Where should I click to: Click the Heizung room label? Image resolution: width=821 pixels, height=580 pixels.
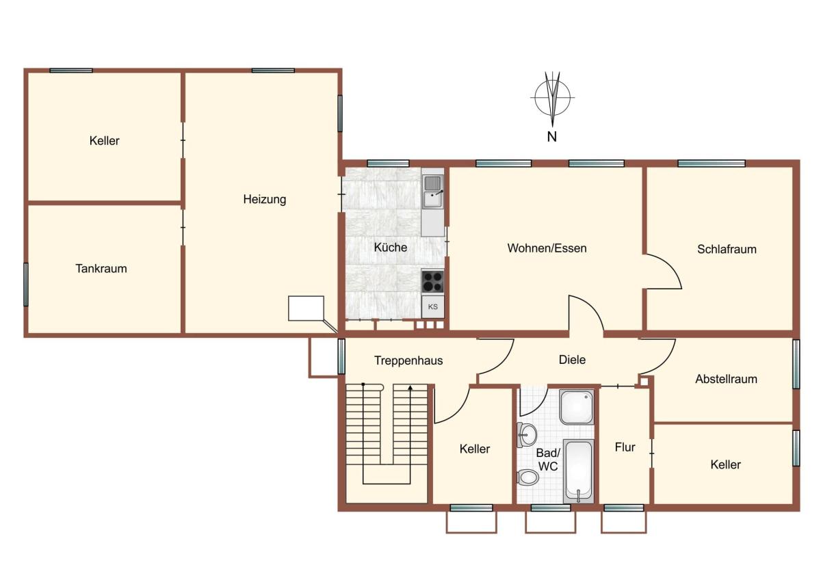point(264,199)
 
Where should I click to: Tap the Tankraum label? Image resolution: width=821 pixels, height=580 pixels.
point(101,269)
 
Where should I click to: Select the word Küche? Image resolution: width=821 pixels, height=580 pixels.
point(391,248)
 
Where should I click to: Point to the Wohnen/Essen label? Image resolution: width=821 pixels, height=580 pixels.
point(547,248)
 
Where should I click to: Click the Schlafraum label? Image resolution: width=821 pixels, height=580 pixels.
point(727,249)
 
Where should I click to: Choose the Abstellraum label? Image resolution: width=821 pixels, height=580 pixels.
point(727,379)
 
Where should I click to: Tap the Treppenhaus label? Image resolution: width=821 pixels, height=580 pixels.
point(408,360)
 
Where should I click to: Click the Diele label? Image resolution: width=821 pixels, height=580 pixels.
point(572,360)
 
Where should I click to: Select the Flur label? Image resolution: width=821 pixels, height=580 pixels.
point(625,447)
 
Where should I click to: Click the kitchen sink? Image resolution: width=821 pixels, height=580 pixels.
point(433,192)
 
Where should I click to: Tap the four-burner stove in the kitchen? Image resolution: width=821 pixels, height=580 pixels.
point(432,281)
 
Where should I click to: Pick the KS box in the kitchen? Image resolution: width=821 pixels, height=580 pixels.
point(433,306)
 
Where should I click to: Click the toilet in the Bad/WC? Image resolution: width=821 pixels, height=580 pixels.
point(527,477)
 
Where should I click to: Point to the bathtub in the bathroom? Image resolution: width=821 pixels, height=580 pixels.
point(578,471)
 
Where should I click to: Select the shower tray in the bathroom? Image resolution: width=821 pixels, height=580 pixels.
point(577,407)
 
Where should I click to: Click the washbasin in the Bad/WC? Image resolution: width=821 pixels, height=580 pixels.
point(526,435)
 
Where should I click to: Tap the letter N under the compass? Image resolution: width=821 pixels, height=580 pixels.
point(551,137)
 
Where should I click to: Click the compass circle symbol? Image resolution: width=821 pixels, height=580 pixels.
point(552,97)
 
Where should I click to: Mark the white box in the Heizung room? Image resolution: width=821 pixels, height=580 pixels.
point(306,308)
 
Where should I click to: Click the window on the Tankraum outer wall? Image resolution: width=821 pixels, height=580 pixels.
point(26,285)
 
